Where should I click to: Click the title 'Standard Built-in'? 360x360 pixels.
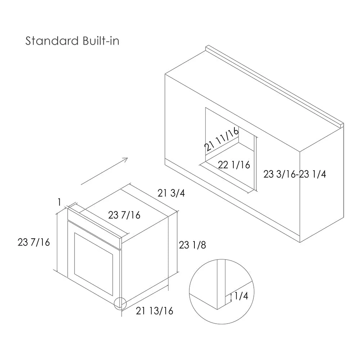[72, 41]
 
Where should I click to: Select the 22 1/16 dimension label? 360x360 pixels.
[234, 165]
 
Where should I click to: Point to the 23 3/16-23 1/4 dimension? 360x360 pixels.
[294, 174]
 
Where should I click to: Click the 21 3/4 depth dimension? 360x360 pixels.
[171, 193]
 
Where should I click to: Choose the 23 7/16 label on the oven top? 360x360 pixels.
[124, 215]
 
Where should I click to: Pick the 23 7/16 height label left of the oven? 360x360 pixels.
[34, 242]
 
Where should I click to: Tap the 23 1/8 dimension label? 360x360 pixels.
[192, 245]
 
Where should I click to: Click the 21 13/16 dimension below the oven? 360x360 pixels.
[154, 311]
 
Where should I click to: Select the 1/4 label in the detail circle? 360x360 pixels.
[241, 296]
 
